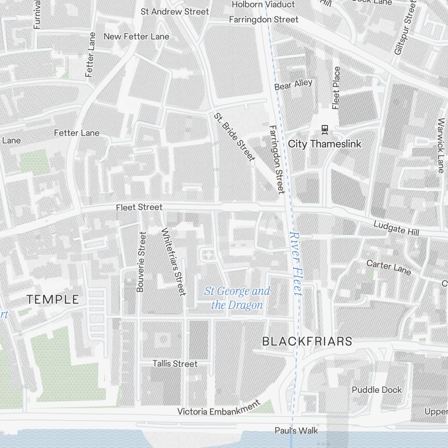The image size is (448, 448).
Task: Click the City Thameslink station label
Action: click(x=324, y=144)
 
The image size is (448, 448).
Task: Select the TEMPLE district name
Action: click(x=53, y=300)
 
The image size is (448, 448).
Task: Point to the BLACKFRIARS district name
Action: click(x=307, y=341)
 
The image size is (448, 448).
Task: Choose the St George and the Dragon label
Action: click(x=237, y=298)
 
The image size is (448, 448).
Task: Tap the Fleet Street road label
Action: click(x=139, y=207)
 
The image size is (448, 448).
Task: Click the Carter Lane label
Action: click(x=388, y=266)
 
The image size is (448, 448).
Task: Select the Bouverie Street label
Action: click(x=141, y=262)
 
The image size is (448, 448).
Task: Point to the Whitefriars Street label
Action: click(x=173, y=262)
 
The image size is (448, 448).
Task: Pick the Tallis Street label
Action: click(x=175, y=364)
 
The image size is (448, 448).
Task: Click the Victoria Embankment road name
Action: click(x=219, y=408)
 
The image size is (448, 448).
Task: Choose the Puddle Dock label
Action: click(x=377, y=390)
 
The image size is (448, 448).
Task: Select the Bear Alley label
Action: click(x=293, y=85)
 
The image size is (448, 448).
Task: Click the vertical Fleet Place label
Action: click(x=336, y=88)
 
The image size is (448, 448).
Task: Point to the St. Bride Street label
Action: click(x=234, y=137)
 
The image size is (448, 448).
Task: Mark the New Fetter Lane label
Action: click(x=136, y=36)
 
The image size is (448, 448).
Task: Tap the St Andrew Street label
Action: click(x=175, y=12)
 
